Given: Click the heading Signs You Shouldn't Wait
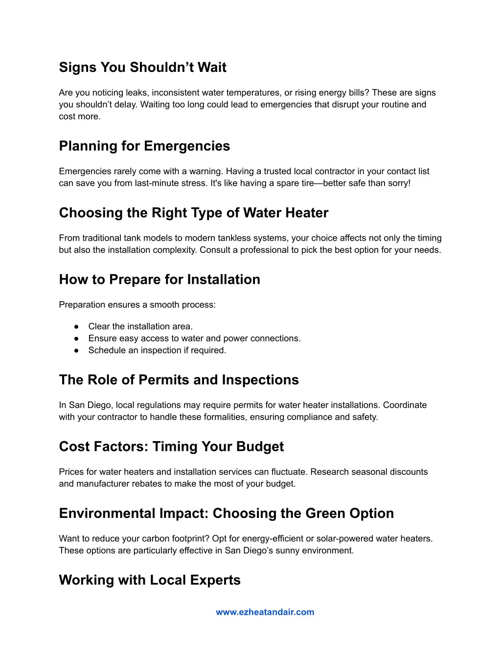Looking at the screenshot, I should coord(142,67).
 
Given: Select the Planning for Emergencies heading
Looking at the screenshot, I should coord(144,146).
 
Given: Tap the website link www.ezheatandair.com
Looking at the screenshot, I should coord(265,612).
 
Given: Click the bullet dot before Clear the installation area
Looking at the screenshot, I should coord(76,327).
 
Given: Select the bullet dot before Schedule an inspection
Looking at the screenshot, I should coord(76,351).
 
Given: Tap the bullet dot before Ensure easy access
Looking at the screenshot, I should coord(76,338).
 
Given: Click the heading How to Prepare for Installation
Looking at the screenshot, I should coord(159,280).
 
